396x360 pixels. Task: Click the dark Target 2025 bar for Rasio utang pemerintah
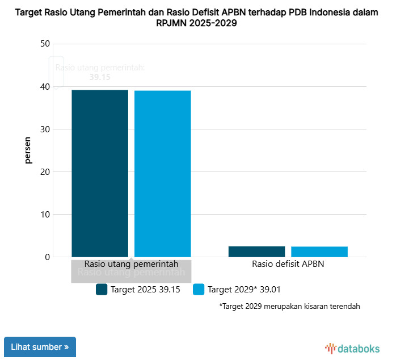100,173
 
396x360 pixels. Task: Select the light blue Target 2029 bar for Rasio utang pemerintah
162,174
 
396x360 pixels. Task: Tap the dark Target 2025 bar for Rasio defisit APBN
256,251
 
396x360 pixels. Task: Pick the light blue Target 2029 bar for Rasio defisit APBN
319,252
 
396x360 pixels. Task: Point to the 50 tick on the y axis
45,44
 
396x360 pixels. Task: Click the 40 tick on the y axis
45,87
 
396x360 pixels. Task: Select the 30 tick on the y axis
45,129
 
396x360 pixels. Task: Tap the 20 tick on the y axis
45,172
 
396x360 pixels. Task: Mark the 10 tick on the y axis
45,215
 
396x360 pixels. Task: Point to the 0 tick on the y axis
48,257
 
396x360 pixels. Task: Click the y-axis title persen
28,150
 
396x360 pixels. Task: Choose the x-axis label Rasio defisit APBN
288,264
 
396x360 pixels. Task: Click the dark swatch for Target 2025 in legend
102,290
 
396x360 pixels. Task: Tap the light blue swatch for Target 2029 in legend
199,290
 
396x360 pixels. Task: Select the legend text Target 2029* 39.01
244,290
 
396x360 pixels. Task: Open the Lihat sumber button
40,347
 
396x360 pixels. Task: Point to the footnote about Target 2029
289,307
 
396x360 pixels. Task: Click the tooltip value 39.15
100,77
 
